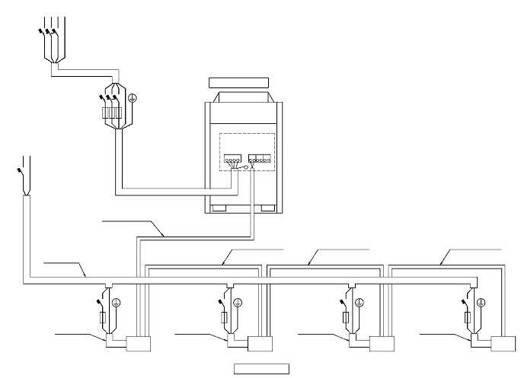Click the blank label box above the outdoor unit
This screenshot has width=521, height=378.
[239, 81]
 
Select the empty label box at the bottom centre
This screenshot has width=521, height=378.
[260, 369]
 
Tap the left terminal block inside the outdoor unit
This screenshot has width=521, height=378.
[232, 160]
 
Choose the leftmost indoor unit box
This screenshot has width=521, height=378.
[139, 344]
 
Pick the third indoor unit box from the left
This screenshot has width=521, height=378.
[382, 344]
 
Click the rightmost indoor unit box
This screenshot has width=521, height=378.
[504, 344]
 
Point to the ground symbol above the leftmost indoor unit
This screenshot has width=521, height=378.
[117, 303]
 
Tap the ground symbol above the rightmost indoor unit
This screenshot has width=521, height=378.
[481, 303]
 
